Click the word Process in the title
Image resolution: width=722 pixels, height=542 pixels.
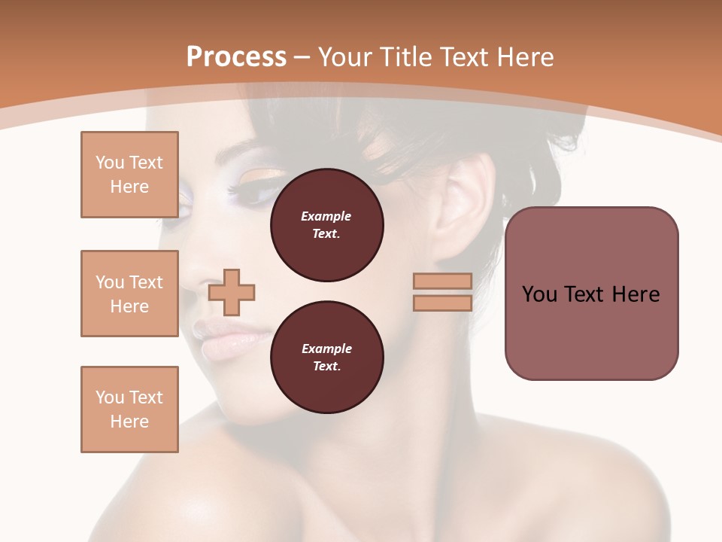[x=236, y=57]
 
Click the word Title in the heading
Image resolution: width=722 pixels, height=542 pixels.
[x=399, y=57]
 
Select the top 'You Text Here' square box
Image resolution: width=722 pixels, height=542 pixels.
[x=129, y=175]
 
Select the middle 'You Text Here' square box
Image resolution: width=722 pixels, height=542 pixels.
[x=129, y=294]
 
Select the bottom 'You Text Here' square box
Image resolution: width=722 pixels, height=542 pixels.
[x=129, y=410]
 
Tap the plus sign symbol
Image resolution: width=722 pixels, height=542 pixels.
[x=232, y=292]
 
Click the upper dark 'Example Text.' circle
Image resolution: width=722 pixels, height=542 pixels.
[x=326, y=225]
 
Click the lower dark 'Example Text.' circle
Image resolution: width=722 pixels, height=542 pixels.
[x=326, y=358]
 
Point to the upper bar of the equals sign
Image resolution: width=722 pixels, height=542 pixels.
[x=442, y=282]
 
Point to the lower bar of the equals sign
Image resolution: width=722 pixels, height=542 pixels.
[x=442, y=303]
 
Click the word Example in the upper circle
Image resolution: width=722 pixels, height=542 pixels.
[x=326, y=217]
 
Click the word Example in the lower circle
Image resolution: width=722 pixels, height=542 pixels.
[x=326, y=349]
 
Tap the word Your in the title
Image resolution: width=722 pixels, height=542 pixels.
[x=344, y=57]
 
